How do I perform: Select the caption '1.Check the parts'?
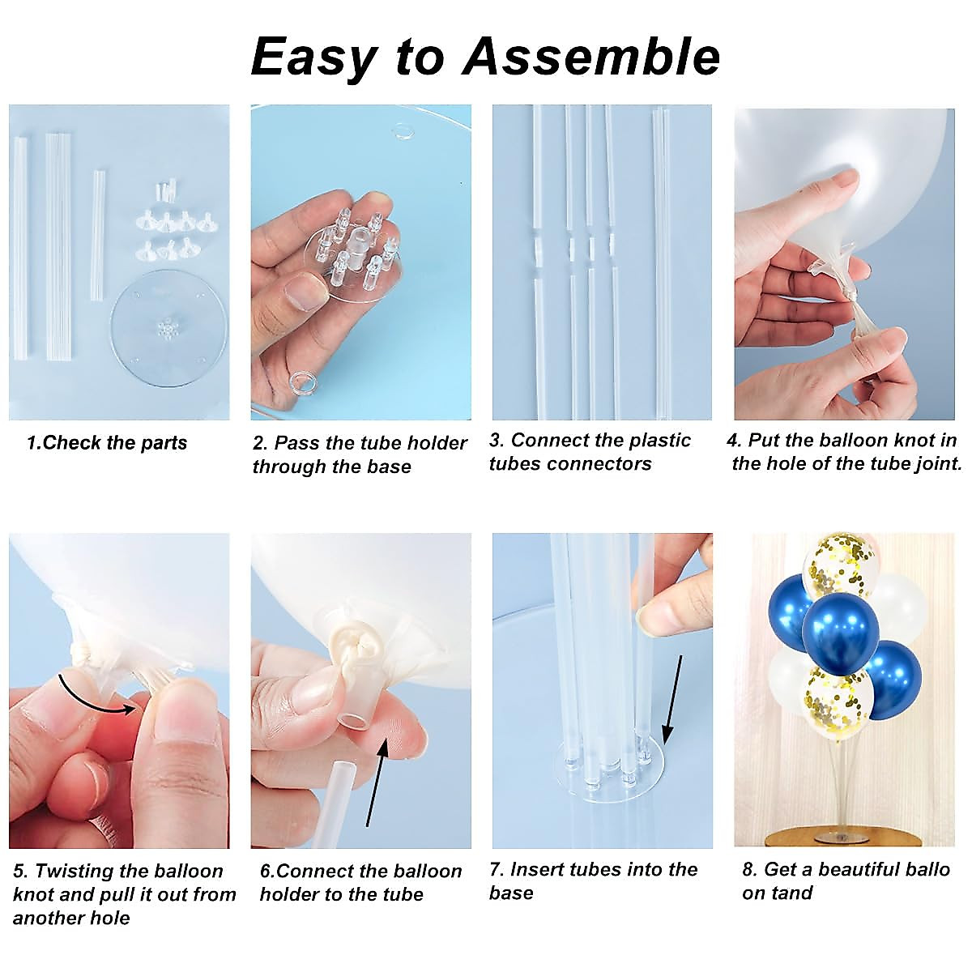(106, 443)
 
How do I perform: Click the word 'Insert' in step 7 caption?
(537, 870)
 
